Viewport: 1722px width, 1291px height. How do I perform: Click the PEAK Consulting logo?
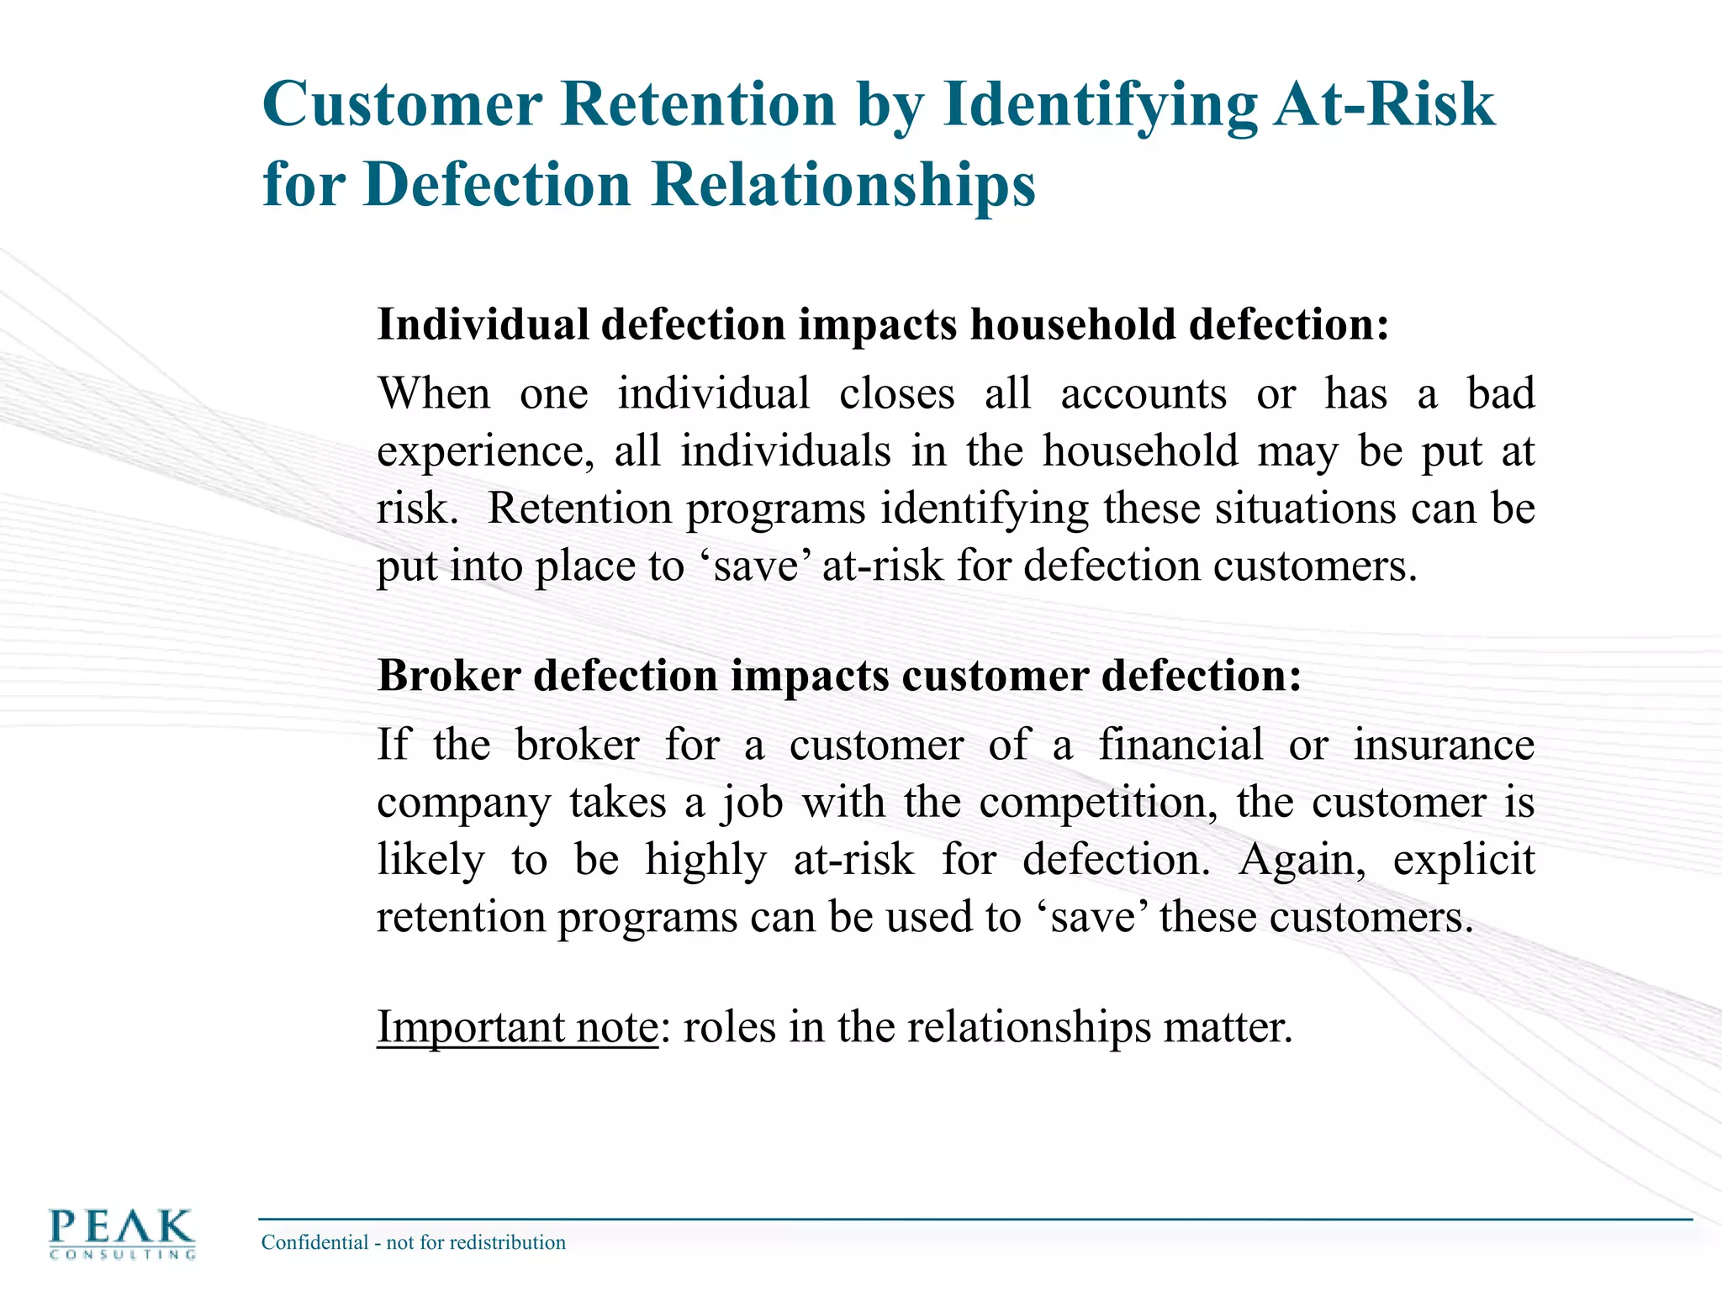point(123,1233)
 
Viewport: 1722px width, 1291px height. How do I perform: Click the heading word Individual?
point(483,324)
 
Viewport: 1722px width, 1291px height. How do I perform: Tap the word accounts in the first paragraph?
point(1143,393)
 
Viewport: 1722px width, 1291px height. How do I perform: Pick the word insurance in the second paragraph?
point(1443,745)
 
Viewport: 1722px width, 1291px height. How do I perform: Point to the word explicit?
point(1463,859)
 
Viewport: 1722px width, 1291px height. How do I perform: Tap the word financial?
point(1180,745)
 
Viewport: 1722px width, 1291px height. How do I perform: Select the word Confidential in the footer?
point(314,1242)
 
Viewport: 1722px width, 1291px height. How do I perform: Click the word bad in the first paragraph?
point(1501,393)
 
